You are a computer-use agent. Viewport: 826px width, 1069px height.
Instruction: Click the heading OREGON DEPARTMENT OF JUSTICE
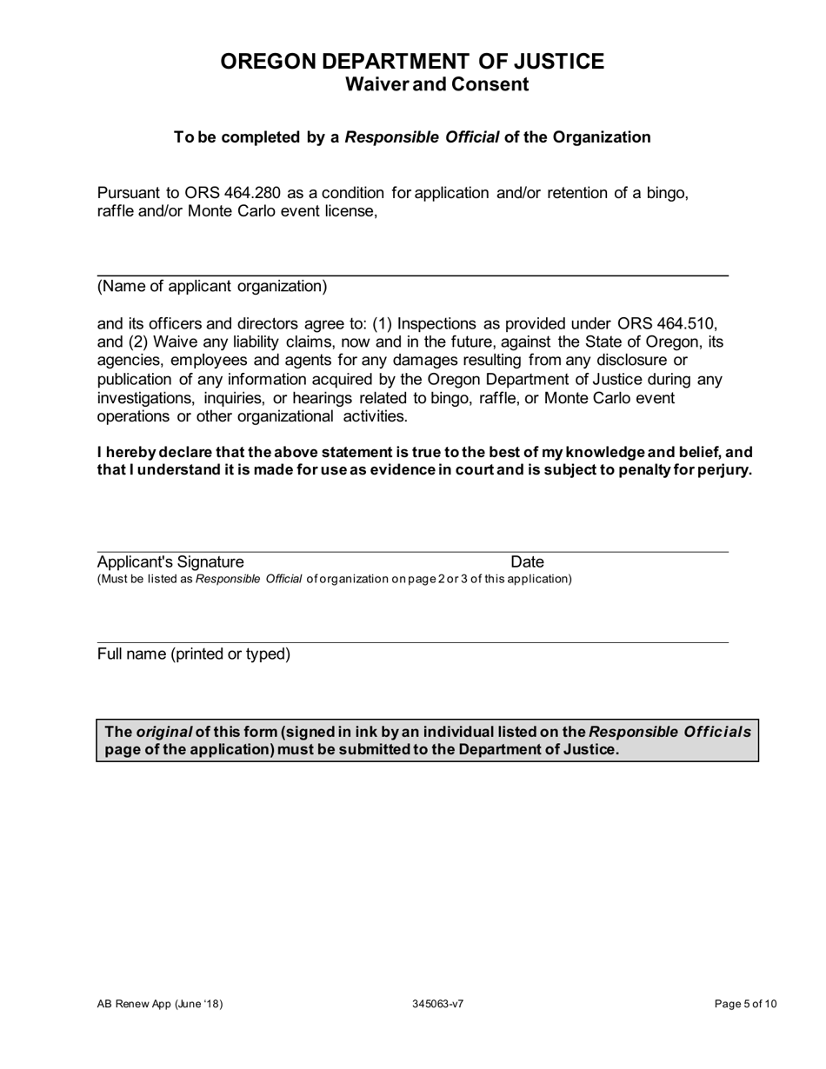(412, 62)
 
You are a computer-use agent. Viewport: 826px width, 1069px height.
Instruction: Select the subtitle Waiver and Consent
(436, 84)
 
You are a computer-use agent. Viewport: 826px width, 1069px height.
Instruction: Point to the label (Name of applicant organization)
(212, 287)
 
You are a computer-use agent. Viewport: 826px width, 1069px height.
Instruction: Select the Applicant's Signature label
(170, 562)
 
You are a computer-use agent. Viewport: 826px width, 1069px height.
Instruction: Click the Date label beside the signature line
(527, 562)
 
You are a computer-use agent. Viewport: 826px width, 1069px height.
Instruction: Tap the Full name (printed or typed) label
(194, 654)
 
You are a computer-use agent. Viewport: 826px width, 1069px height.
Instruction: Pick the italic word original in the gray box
(163, 732)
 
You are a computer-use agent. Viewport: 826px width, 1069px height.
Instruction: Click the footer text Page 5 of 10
(745, 1005)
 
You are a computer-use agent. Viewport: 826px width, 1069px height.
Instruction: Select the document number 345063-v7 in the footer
(437, 1005)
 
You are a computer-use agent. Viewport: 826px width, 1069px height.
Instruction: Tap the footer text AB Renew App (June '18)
(160, 1005)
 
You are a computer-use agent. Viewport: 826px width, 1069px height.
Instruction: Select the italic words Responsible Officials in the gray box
(669, 732)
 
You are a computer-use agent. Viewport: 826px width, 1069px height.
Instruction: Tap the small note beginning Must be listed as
(334, 579)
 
